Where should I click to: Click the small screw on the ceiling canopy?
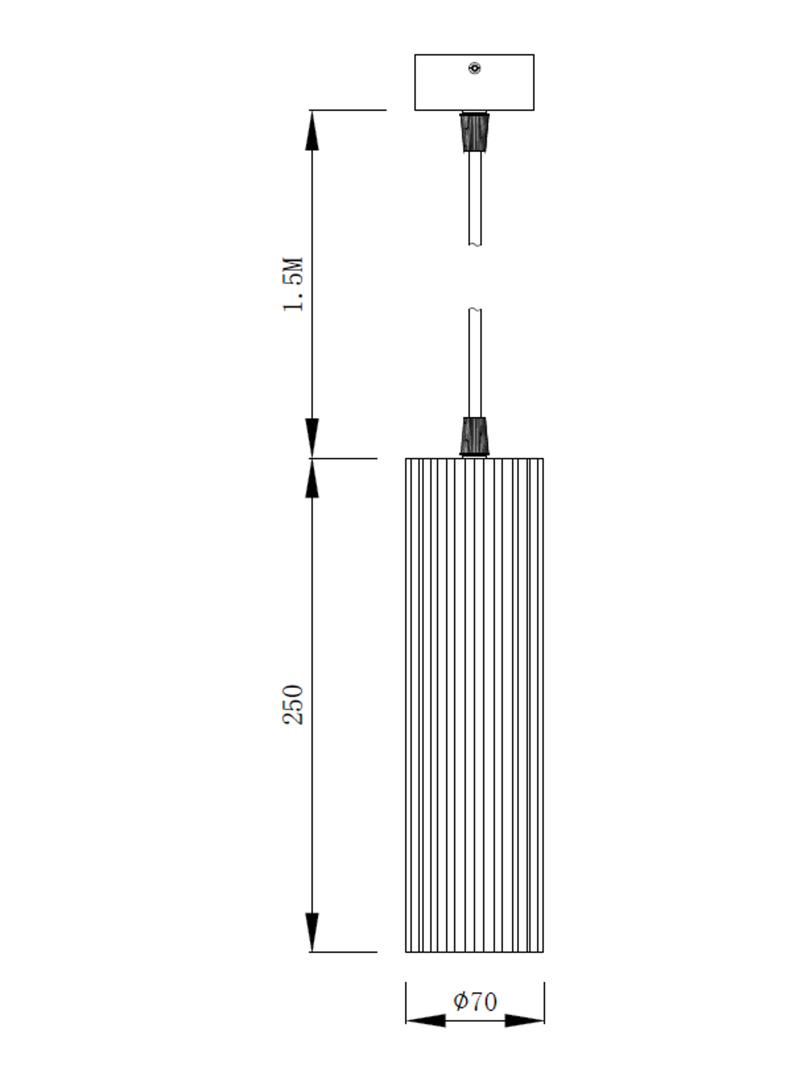[474, 68]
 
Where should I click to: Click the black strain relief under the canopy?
[474, 132]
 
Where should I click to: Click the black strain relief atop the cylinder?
[474, 436]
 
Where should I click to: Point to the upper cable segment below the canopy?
[475, 197]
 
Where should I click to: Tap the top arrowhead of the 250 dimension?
[312, 479]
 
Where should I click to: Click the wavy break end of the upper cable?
[475, 244]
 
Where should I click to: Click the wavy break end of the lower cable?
[475, 309]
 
